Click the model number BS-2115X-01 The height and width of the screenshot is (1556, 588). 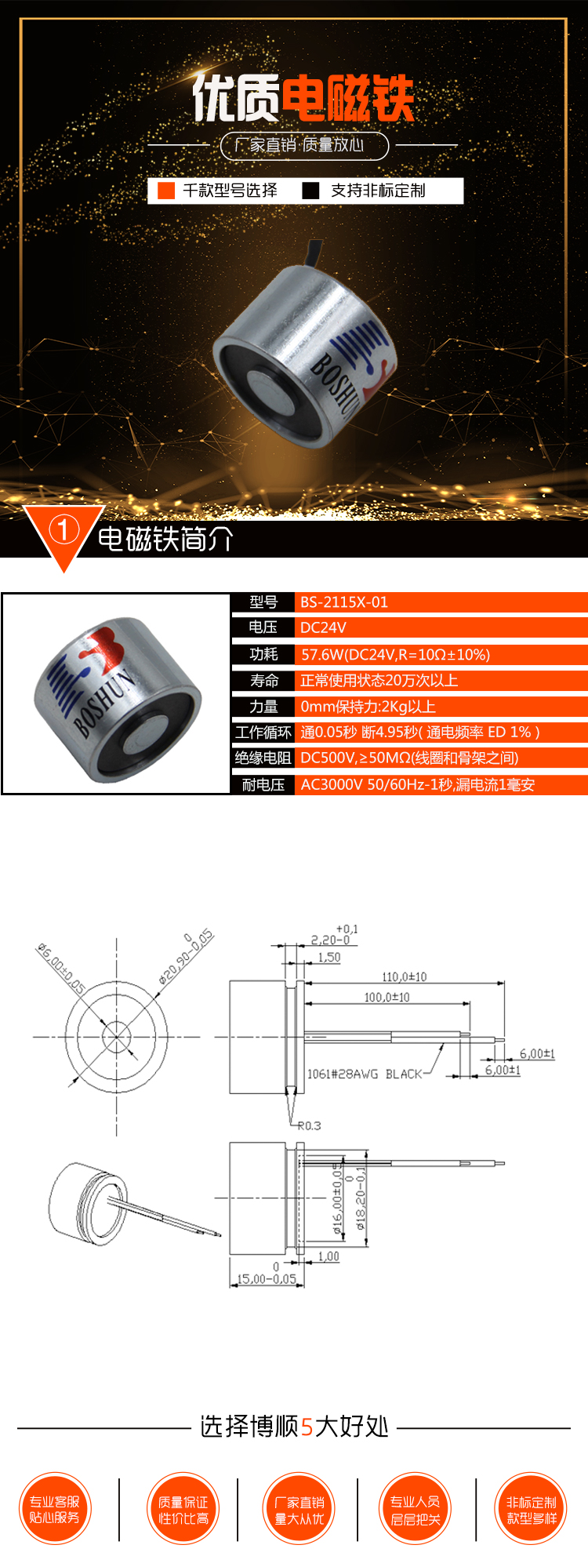click(x=344, y=602)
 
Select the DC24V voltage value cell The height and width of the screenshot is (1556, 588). click(x=323, y=627)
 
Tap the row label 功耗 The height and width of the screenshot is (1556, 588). click(x=263, y=654)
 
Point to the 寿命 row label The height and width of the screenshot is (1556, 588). click(x=263, y=680)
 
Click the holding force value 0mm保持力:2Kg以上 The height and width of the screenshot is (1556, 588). click(x=368, y=707)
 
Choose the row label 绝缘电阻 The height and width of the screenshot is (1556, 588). click(x=263, y=758)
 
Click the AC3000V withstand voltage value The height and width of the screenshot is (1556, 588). click(x=417, y=784)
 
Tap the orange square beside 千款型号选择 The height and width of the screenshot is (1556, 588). click(x=166, y=191)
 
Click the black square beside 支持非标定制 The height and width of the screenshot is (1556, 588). click(x=310, y=191)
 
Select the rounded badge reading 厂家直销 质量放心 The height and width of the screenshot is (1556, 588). click(x=304, y=145)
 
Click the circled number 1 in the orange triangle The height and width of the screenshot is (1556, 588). click(x=64, y=530)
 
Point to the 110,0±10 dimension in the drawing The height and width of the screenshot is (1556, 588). click(x=404, y=976)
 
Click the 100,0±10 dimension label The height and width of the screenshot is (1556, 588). click(x=387, y=997)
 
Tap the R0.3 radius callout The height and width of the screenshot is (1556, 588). click(x=309, y=1125)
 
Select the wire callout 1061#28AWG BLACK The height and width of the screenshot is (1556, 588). click(x=364, y=1074)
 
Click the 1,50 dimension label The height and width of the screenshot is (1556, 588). click(x=329, y=957)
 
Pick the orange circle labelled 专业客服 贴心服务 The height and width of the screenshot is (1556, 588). click(x=55, y=1509)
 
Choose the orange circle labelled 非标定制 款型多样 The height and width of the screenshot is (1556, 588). click(x=532, y=1509)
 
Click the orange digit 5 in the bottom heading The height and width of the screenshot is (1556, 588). click(x=307, y=1427)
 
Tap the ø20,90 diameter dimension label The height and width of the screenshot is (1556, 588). click(x=186, y=957)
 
